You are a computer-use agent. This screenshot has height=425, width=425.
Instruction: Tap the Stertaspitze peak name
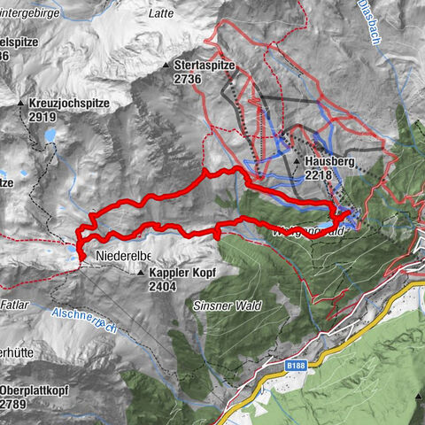[209, 66]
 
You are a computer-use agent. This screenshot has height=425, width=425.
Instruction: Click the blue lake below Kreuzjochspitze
[50, 136]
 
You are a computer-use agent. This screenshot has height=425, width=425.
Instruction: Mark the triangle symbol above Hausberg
[295, 163]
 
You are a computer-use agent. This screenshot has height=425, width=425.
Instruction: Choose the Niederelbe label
[120, 257]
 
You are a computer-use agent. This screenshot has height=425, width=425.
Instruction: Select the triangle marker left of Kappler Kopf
[141, 274]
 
